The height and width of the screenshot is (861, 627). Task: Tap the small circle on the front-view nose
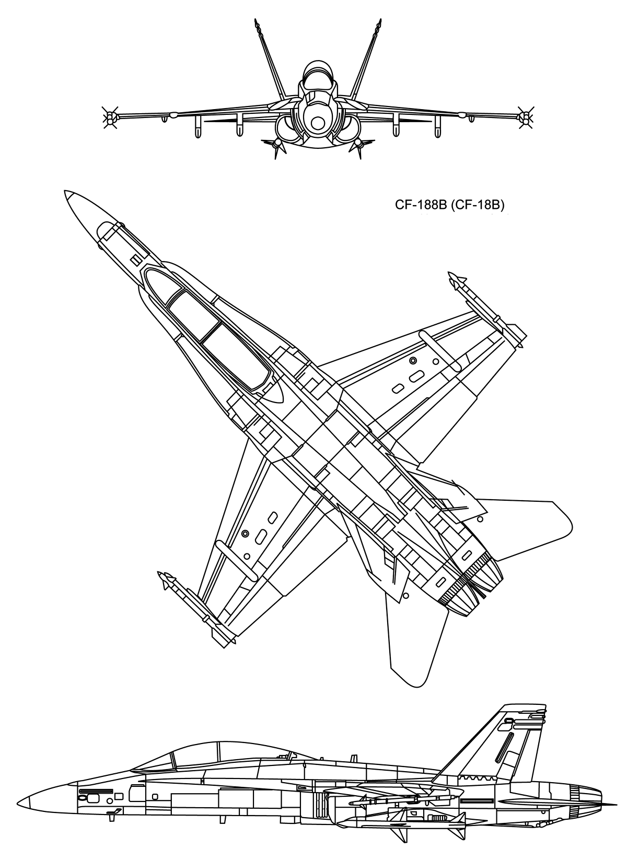(x=317, y=123)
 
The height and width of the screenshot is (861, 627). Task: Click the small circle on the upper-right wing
(x=413, y=360)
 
